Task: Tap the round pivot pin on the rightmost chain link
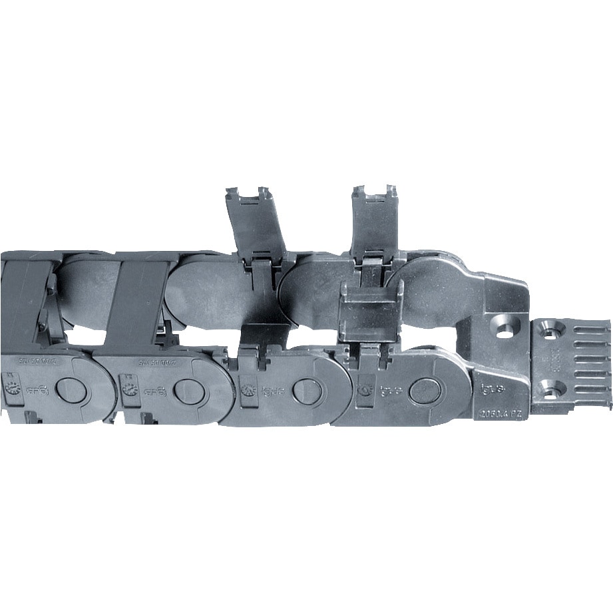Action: (x=424, y=391)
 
